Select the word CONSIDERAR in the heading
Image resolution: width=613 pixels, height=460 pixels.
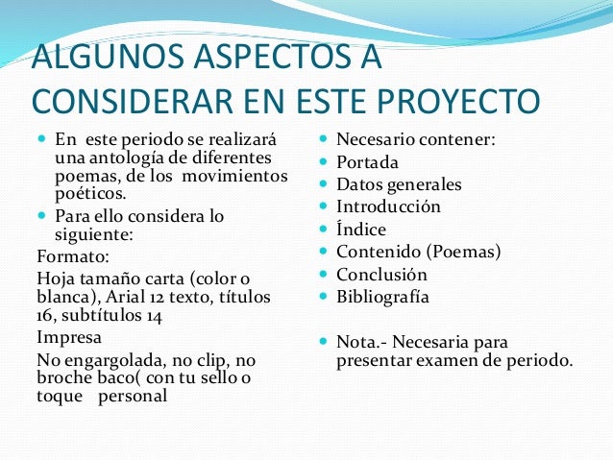pyautogui.click(x=130, y=100)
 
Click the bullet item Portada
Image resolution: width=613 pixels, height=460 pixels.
pyautogui.click(x=367, y=162)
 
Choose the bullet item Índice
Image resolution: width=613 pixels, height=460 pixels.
pyautogui.click(x=360, y=230)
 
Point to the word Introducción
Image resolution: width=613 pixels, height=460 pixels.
pyautogui.click(x=388, y=206)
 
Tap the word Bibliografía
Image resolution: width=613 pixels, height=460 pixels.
pyautogui.click(x=382, y=297)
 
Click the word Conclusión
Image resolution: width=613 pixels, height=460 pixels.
pyautogui.click(x=381, y=275)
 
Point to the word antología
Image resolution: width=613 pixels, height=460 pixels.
pyautogui.click(x=116, y=157)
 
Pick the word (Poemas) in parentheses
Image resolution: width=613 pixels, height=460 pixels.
pyautogui.click(x=467, y=252)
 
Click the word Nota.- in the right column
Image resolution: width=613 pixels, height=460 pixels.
pyautogui.click(x=363, y=342)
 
